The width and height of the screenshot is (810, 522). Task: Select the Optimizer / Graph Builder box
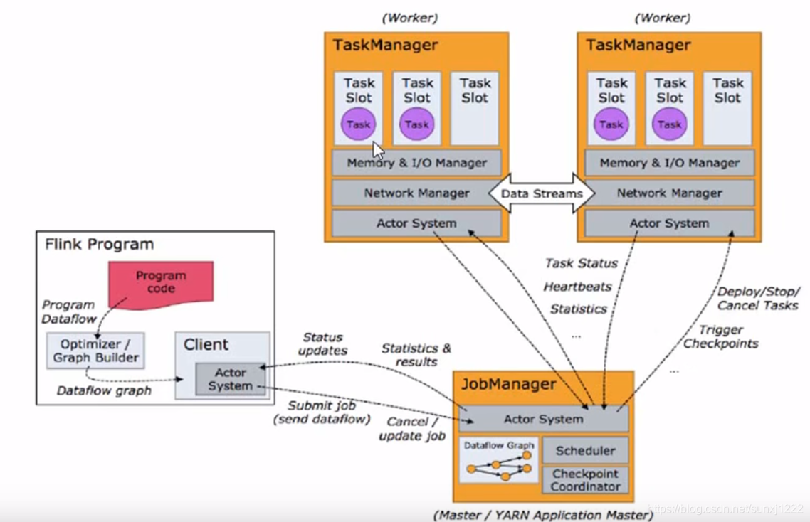coord(95,350)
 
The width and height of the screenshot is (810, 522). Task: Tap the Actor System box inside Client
coord(230,379)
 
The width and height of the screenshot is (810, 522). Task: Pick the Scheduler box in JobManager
coord(585,450)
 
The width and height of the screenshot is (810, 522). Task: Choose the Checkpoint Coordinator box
coord(585,480)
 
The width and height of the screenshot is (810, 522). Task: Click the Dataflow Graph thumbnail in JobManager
coord(498,461)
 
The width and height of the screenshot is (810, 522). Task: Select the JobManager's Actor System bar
coord(543,419)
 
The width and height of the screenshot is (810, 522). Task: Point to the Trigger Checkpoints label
coord(720,336)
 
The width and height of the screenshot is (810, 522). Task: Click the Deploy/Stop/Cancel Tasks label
coord(757,298)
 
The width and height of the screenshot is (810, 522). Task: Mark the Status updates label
coord(322,343)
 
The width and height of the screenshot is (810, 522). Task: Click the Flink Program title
coord(99,245)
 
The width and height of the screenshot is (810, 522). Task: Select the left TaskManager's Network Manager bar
coord(416,193)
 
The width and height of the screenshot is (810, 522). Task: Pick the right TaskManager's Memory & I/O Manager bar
coord(669,163)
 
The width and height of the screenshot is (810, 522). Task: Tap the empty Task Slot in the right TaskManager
coord(727,107)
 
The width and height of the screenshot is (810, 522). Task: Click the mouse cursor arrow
coord(378,150)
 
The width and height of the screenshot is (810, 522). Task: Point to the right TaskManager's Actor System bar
coord(669,223)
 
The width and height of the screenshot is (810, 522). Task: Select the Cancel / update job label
coord(412,429)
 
